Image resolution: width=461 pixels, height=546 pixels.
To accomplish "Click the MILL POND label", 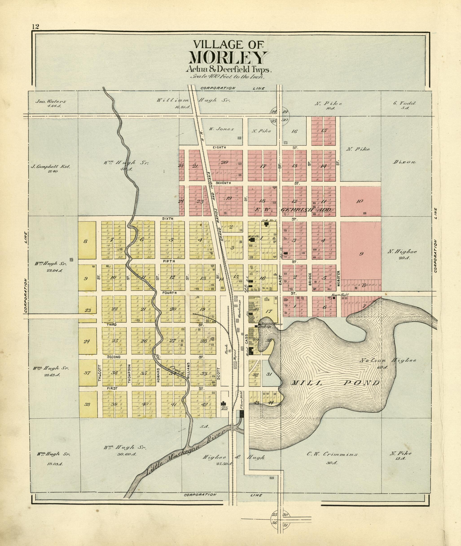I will coord(336,383).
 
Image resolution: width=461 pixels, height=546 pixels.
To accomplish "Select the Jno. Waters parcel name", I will coord(51,102).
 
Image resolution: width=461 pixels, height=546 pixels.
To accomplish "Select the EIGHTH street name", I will coord(219,148).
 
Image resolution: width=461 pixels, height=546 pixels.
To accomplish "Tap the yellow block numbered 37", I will coord(87,373).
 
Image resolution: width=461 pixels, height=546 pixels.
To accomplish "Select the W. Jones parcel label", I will coord(221,129).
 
